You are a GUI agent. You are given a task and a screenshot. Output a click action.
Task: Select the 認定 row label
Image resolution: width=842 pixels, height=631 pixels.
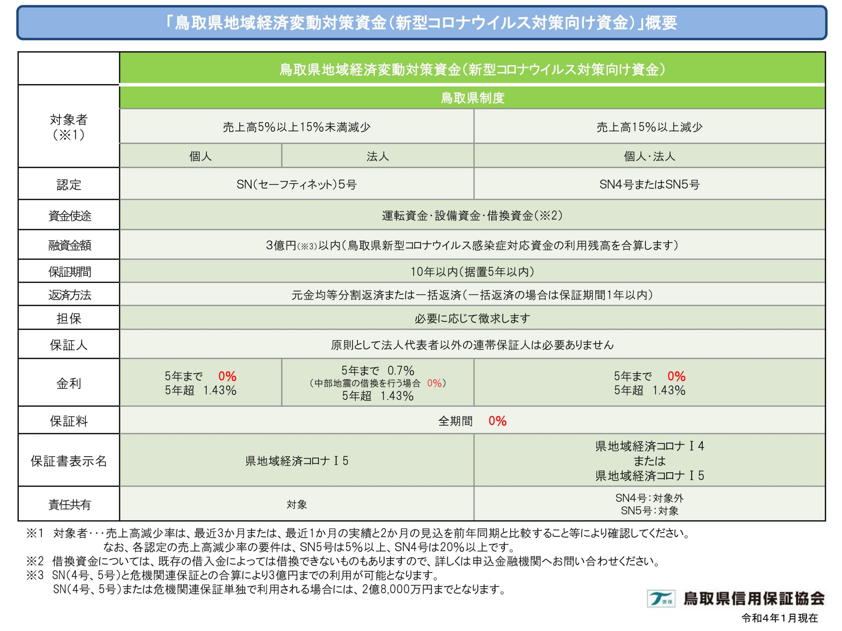[x=68, y=184]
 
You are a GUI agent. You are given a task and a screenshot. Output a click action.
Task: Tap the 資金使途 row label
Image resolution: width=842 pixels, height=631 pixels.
[x=69, y=216]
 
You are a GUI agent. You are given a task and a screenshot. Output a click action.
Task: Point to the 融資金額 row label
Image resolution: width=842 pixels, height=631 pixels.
[x=69, y=245]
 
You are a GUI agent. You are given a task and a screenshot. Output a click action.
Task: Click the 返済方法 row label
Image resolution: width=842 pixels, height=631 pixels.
[x=69, y=295]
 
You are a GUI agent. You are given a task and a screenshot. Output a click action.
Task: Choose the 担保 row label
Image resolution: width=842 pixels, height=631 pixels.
[x=68, y=318]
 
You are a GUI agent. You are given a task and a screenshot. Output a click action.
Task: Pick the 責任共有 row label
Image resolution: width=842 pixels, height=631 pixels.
[x=69, y=504]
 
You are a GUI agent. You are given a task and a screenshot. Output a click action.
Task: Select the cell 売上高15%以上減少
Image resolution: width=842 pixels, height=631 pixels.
[x=649, y=127]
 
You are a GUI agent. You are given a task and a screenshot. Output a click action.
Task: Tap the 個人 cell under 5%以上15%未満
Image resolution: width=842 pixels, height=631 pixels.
[x=201, y=156]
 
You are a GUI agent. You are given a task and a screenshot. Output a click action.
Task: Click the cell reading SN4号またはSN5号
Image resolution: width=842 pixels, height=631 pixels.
[x=649, y=184]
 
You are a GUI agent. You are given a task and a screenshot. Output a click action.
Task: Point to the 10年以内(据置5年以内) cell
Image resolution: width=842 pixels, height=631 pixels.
[x=472, y=271]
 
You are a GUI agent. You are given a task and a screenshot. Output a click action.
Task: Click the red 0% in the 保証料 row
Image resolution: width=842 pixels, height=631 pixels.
[x=497, y=421]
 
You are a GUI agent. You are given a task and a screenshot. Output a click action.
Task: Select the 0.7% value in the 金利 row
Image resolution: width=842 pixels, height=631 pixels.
[x=401, y=370]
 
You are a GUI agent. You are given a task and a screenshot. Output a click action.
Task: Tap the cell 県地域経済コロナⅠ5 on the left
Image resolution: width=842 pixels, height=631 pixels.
[x=297, y=461]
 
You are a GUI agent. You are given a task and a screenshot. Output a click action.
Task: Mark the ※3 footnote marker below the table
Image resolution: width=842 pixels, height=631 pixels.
[x=35, y=575]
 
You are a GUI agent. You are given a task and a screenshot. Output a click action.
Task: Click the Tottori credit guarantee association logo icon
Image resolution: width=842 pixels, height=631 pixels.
[x=661, y=599]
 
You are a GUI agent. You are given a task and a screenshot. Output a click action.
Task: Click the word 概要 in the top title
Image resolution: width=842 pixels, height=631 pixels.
[x=661, y=23]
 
